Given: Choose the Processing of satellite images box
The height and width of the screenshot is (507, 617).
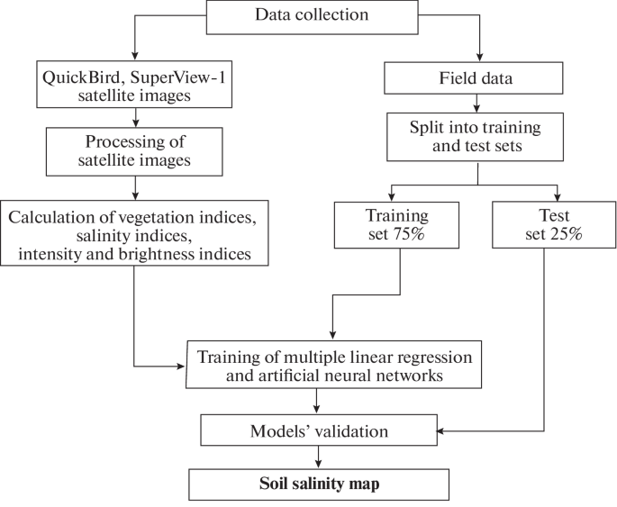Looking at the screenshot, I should [134, 152].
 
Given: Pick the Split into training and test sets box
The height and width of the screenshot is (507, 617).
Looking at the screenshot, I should [476, 137].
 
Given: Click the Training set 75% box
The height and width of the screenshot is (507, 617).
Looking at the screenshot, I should [398, 225].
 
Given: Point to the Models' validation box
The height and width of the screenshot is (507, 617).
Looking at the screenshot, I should [319, 431].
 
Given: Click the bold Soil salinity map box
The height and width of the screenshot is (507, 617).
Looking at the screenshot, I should [318, 484].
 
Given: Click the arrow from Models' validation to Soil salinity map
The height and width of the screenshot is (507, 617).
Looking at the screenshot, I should [319, 456].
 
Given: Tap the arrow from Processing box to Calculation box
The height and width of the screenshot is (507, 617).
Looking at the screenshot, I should [134, 186].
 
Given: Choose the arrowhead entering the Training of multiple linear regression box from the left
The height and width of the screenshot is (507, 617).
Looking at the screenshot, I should [179, 367].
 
